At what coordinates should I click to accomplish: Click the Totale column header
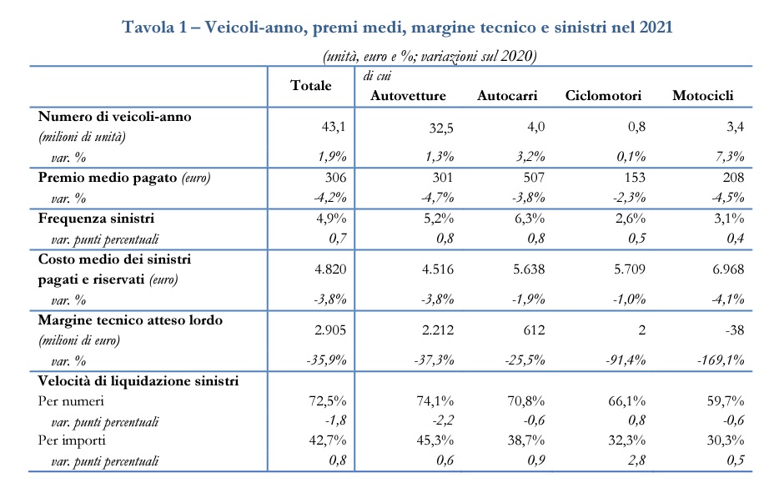(311, 86)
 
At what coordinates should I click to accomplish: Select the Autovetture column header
(408, 95)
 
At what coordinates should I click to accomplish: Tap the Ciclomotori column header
(603, 95)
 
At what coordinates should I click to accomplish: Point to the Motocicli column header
(703, 95)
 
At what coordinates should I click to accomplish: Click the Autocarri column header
(507, 95)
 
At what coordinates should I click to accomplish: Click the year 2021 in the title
(656, 27)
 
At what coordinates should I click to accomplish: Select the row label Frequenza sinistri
(96, 219)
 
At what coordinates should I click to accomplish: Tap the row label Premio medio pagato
(108, 178)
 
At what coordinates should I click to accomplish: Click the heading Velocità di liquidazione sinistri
(138, 381)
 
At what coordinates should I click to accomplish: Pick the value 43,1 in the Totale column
(334, 127)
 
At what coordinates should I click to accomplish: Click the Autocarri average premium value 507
(534, 177)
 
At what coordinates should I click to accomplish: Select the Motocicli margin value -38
(734, 330)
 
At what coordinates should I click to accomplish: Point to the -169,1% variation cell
(721, 360)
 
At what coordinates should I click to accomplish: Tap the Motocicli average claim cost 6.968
(728, 269)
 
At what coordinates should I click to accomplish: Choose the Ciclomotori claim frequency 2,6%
(631, 219)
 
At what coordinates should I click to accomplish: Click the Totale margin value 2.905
(330, 330)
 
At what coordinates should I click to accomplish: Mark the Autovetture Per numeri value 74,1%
(435, 401)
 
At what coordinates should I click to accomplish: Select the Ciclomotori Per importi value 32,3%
(626, 440)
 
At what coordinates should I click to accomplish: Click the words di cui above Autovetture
(377, 76)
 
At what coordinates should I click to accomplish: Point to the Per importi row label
(72, 440)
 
